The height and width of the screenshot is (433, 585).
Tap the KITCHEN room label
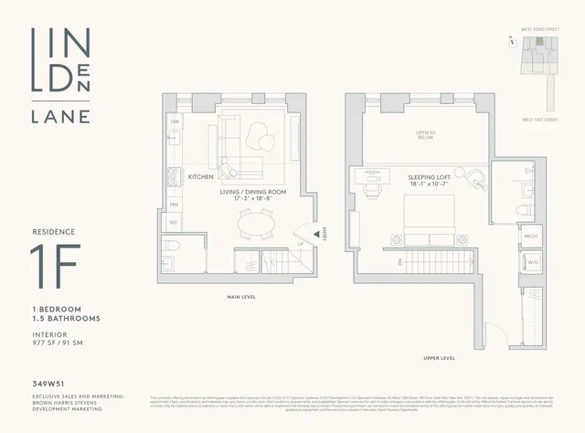click(x=200, y=176)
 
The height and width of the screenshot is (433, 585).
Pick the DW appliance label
click(x=175, y=122)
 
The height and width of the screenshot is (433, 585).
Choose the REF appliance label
click(x=175, y=221)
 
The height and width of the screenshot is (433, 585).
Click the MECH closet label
click(x=505, y=236)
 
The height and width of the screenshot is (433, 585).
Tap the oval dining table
click(x=255, y=223)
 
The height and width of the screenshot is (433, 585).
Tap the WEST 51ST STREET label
click(x=540, y=119)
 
